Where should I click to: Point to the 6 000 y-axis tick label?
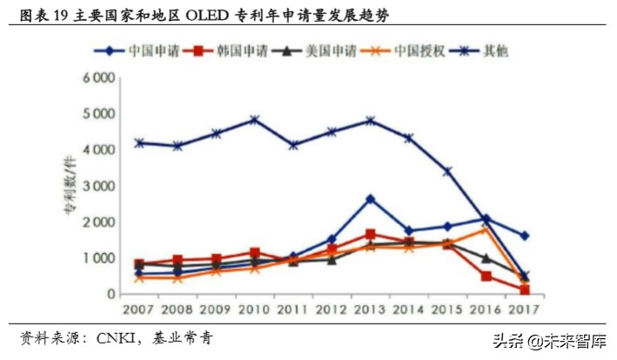[x=98, y=78]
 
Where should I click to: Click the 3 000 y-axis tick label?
[x=98, y=186]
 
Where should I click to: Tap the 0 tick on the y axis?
[x=110, y=295]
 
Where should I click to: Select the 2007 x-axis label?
[x=139, y=310]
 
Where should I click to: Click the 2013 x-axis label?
[x=371, y=310]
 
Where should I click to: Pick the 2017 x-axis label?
[x=525, y=310]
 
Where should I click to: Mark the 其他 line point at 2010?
[x=255, y=119]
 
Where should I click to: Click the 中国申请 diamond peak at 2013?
[x=371, y=199]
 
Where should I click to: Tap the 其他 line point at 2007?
[x=139, y=143]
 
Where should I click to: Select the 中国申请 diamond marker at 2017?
[x=525, y=236]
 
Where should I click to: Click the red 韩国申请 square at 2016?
[x=486, y=277]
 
